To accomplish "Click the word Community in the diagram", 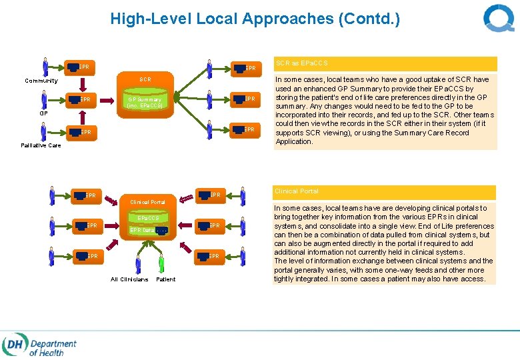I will pos(41,81).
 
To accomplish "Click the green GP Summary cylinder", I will pos(145,102).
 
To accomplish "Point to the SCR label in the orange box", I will pos(145,79).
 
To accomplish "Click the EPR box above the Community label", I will pos(79,67).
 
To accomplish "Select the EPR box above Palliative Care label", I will pos(79,132).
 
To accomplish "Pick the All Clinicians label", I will pos(129,279).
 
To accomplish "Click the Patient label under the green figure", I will pos(165,279).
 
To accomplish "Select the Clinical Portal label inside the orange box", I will pos(147,201).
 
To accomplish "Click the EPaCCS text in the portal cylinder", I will pos(148,218).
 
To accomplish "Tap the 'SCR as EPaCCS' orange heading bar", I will pos(385,63).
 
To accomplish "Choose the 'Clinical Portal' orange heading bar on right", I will pos(385,191).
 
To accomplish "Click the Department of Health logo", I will pos(40,346).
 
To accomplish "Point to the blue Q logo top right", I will pos(498,19).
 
